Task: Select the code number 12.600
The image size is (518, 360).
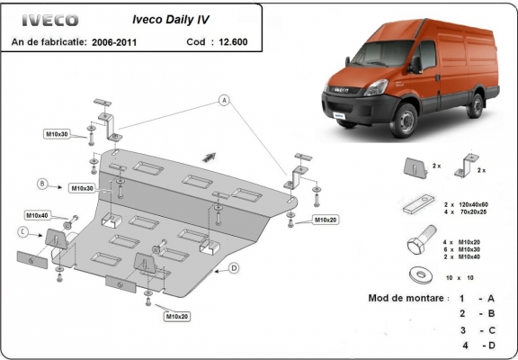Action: pos(231,41)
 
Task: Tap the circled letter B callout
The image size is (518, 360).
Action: pos(42,184)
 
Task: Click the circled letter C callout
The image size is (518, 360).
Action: pos(22,231)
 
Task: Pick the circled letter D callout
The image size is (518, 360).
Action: pos(234,268)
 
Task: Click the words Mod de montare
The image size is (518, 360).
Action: pos(405,298)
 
